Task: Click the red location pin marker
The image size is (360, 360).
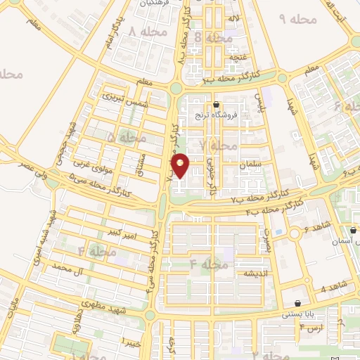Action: tap(181, 166)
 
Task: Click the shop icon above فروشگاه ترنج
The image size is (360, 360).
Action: tap(225, 104)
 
